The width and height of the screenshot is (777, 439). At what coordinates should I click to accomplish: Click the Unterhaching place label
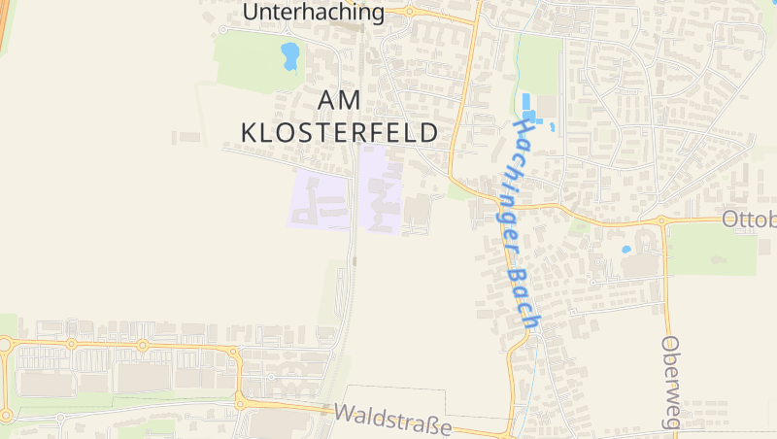[x=313, y=12]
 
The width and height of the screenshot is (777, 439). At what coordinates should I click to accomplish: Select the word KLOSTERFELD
[x=339, y=132]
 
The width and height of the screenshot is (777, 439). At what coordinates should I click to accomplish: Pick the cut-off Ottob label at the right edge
[x=750, y=219]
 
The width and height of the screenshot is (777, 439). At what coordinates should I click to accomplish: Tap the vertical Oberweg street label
[x=671, y=383]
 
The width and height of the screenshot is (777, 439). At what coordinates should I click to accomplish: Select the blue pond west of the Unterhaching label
[x=289, y=55]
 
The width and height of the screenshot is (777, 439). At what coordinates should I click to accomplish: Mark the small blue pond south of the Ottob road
[x=626, y=250]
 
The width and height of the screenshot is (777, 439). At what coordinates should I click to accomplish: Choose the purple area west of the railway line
[x=321, y=199]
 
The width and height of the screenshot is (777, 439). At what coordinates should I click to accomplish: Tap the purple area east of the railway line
[x=381, y=189]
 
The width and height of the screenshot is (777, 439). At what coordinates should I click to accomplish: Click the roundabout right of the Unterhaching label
[x=409, y=12]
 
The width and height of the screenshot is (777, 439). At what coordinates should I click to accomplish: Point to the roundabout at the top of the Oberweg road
[x=662, y=221]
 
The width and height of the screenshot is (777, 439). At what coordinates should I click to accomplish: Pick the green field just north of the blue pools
[x=539, y=64]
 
